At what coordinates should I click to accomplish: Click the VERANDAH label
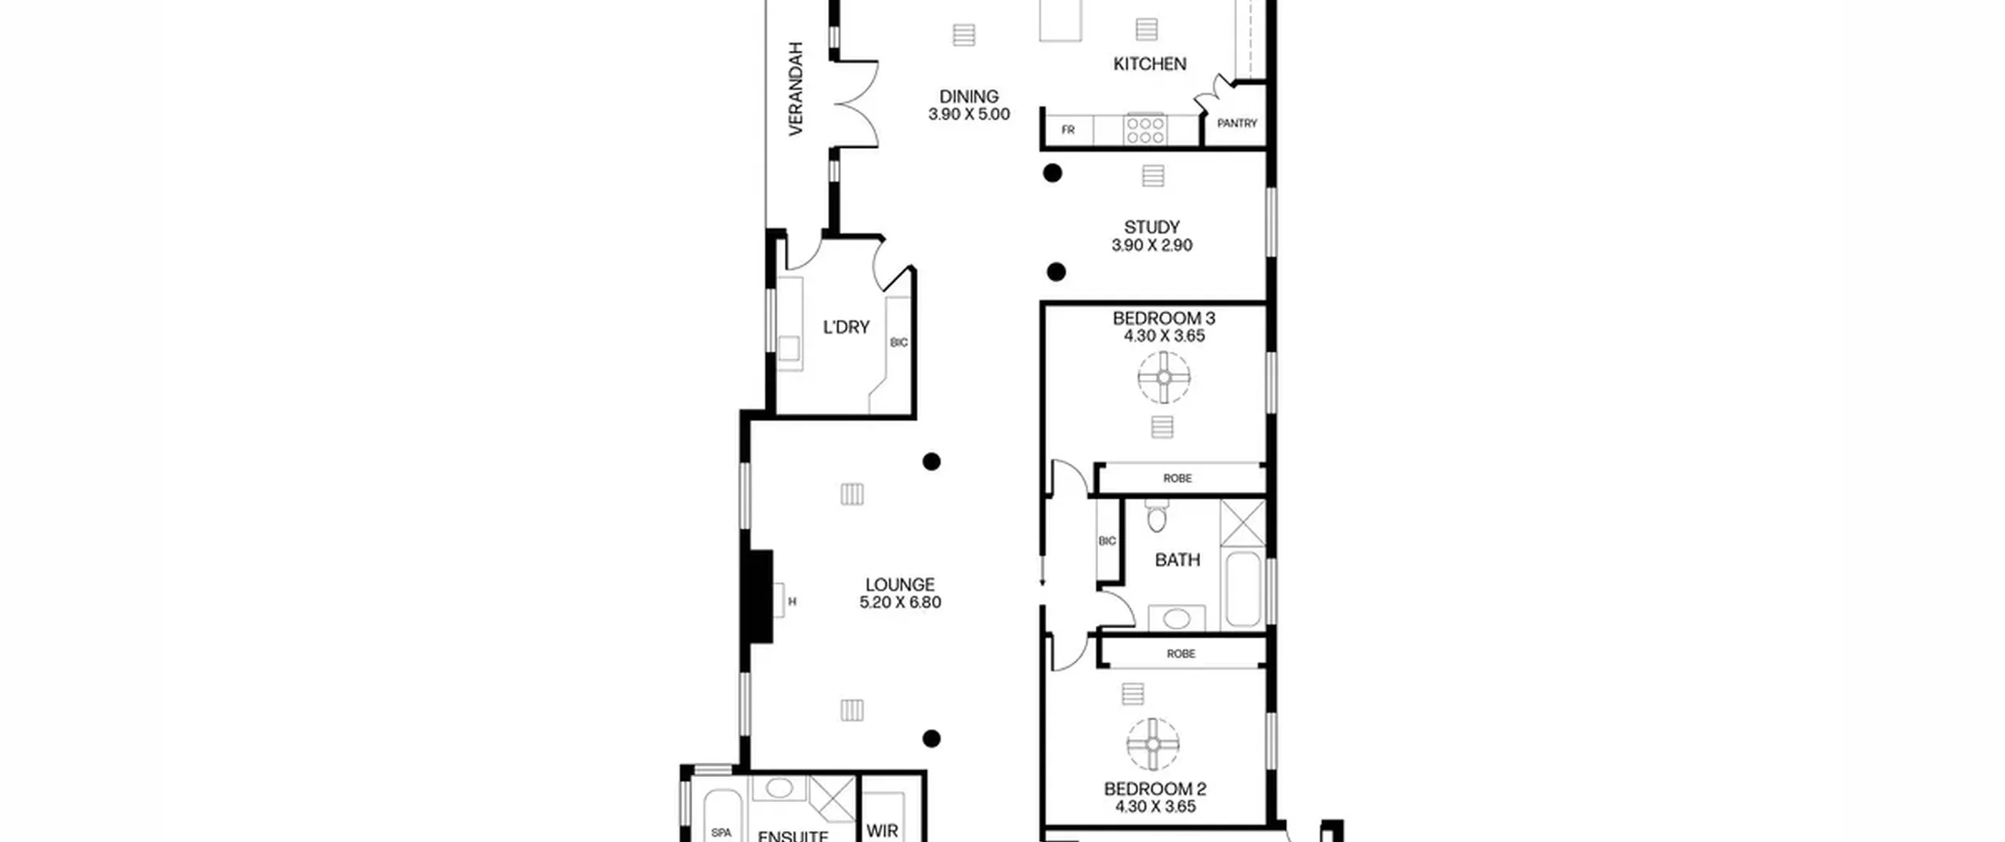796,89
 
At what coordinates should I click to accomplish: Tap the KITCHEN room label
1150,63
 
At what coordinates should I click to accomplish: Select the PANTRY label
1237,123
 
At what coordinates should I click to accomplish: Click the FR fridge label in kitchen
1068,130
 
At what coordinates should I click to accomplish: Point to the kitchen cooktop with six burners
1145,130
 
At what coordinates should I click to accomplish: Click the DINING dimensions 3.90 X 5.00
969,114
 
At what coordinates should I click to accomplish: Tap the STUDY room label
1151,227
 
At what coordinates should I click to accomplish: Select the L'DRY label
846,327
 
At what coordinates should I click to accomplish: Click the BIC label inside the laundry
899,342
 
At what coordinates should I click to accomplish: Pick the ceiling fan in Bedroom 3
1164,378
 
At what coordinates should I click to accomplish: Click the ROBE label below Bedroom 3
1177,478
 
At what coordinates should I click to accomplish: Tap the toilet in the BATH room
1156,516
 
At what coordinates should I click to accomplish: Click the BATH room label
1177,560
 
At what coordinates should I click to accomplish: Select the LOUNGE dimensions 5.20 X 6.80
900,602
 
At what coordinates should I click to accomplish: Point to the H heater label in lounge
792,602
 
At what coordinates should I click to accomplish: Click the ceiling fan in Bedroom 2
1153,744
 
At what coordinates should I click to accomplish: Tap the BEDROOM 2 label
1154,789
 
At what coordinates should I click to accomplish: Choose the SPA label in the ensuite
721,833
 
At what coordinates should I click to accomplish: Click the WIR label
882,830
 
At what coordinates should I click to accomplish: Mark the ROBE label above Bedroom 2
1180,653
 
